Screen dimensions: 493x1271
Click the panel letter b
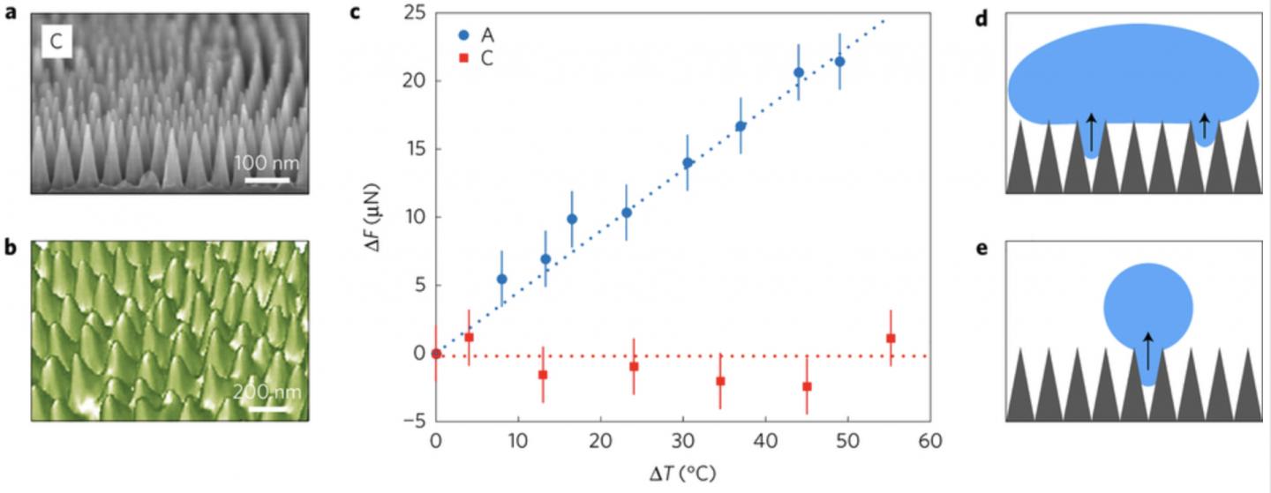[x=11, y=248]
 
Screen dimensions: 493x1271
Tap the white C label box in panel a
[x=55, y=43]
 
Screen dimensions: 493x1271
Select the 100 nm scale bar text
[x=266, y=163]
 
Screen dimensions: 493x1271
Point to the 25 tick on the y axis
[x=413, y=13]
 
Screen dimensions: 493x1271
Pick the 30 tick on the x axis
[x=682, y=441]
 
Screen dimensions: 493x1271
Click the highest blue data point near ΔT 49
[x=839, y=62]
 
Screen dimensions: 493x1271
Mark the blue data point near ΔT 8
[x=501, y=279]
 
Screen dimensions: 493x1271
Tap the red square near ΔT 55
[x=891, y=339]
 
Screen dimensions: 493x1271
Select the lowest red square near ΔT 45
[x=807, y=386]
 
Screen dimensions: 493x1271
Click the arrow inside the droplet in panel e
[x=1147, y=350]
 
